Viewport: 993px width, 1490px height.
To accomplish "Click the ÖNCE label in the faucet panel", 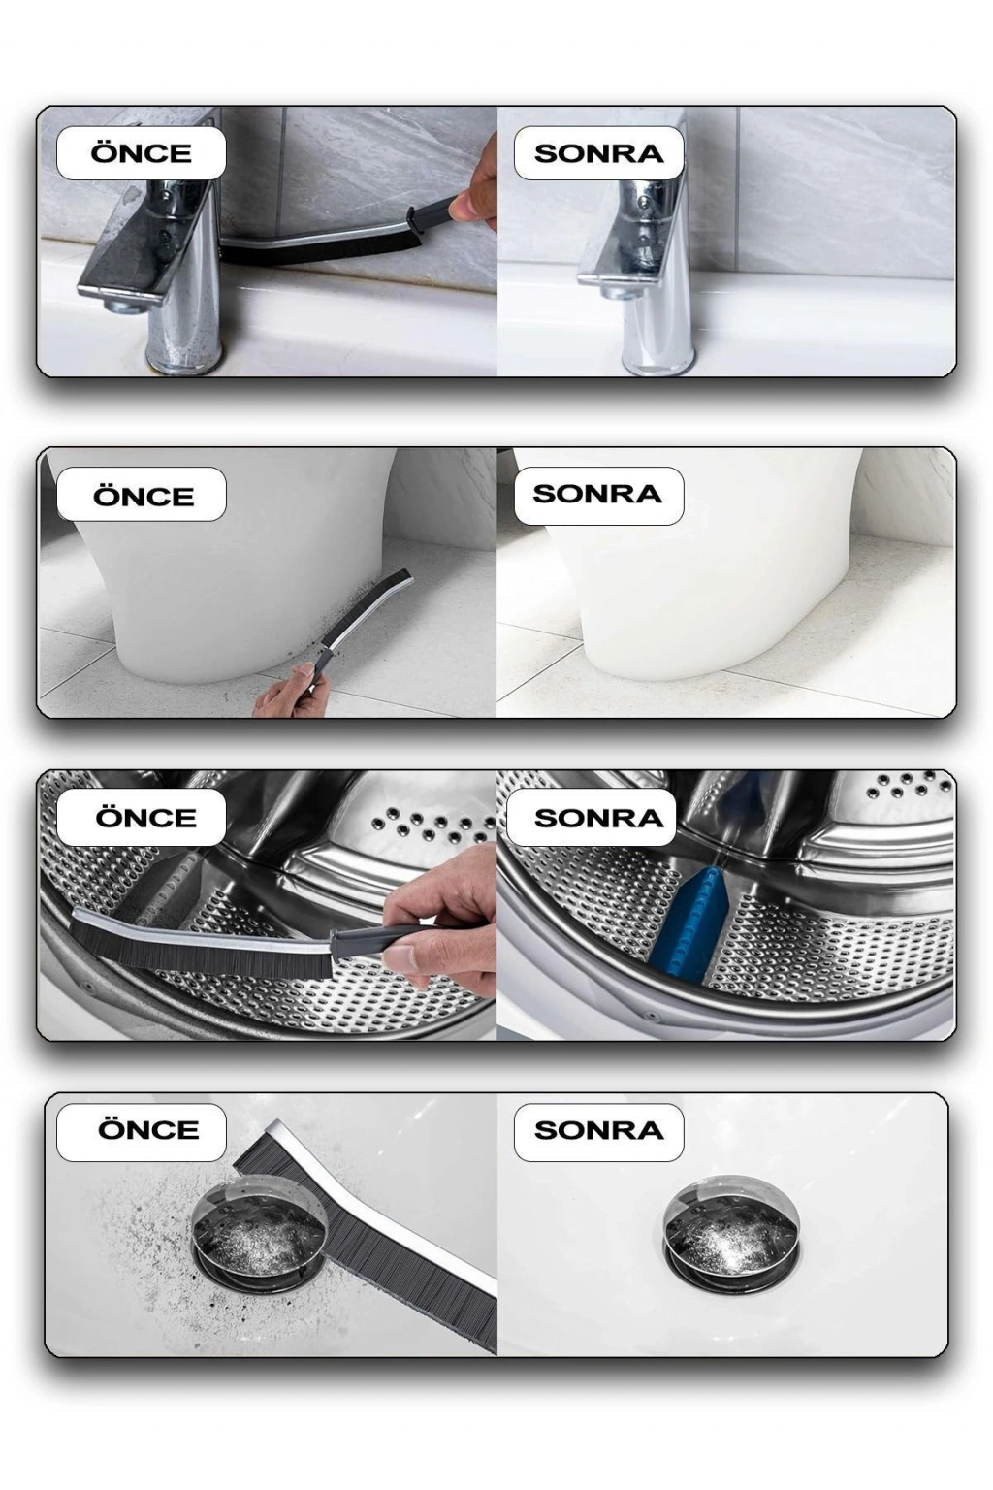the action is [141, 153].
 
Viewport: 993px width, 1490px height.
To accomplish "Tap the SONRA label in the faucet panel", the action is [598, 153].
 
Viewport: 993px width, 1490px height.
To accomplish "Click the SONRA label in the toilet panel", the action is [598, 494].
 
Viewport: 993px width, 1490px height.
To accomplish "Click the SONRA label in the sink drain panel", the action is [598, 1129].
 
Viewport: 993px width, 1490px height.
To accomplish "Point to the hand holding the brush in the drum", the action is [439, 924].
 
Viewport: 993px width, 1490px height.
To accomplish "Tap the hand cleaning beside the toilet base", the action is [287, 692].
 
